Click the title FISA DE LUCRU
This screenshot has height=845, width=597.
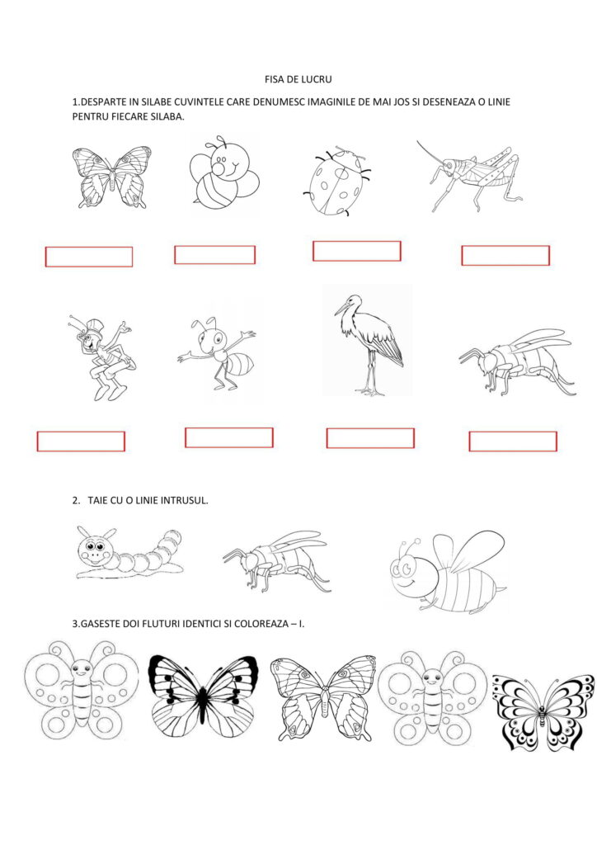point(298,79)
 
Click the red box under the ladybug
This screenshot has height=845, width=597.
point(357,251)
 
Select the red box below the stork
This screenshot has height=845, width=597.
point(370,438)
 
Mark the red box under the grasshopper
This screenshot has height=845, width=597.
point(505,256)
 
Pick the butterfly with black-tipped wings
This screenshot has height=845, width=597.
point(203,696)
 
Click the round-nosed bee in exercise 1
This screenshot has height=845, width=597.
point(224,172)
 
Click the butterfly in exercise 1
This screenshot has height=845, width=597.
point(111,177)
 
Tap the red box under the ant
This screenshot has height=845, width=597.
point(228,437)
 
